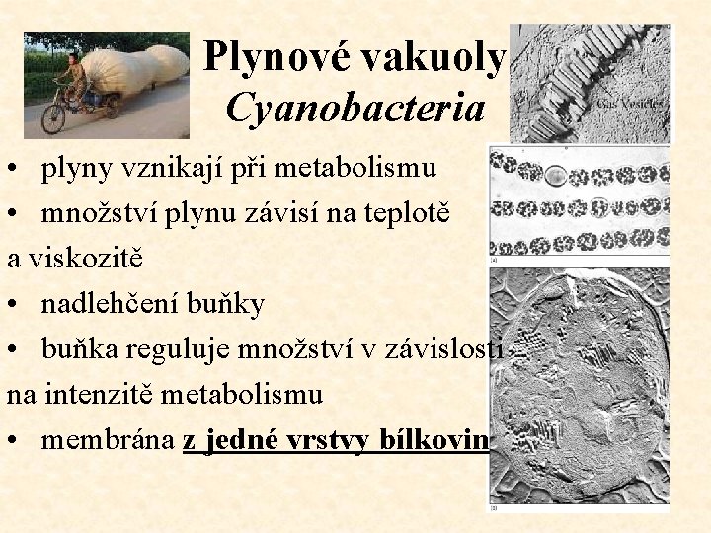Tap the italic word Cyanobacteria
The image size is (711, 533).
tap(355, 108)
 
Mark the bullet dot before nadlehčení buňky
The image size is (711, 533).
tap(20, 305)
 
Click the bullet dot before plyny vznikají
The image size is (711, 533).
tap(20, 170)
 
